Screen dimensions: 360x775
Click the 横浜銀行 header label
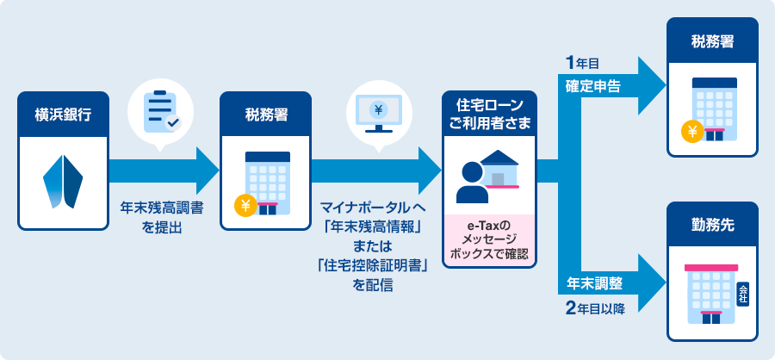pyautogui.click(x=63, y=113)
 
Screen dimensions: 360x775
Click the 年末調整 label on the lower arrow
pyautogui.click(x=594, y=282)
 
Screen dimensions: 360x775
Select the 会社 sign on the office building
pyautogui.click(x=743, y=293)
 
